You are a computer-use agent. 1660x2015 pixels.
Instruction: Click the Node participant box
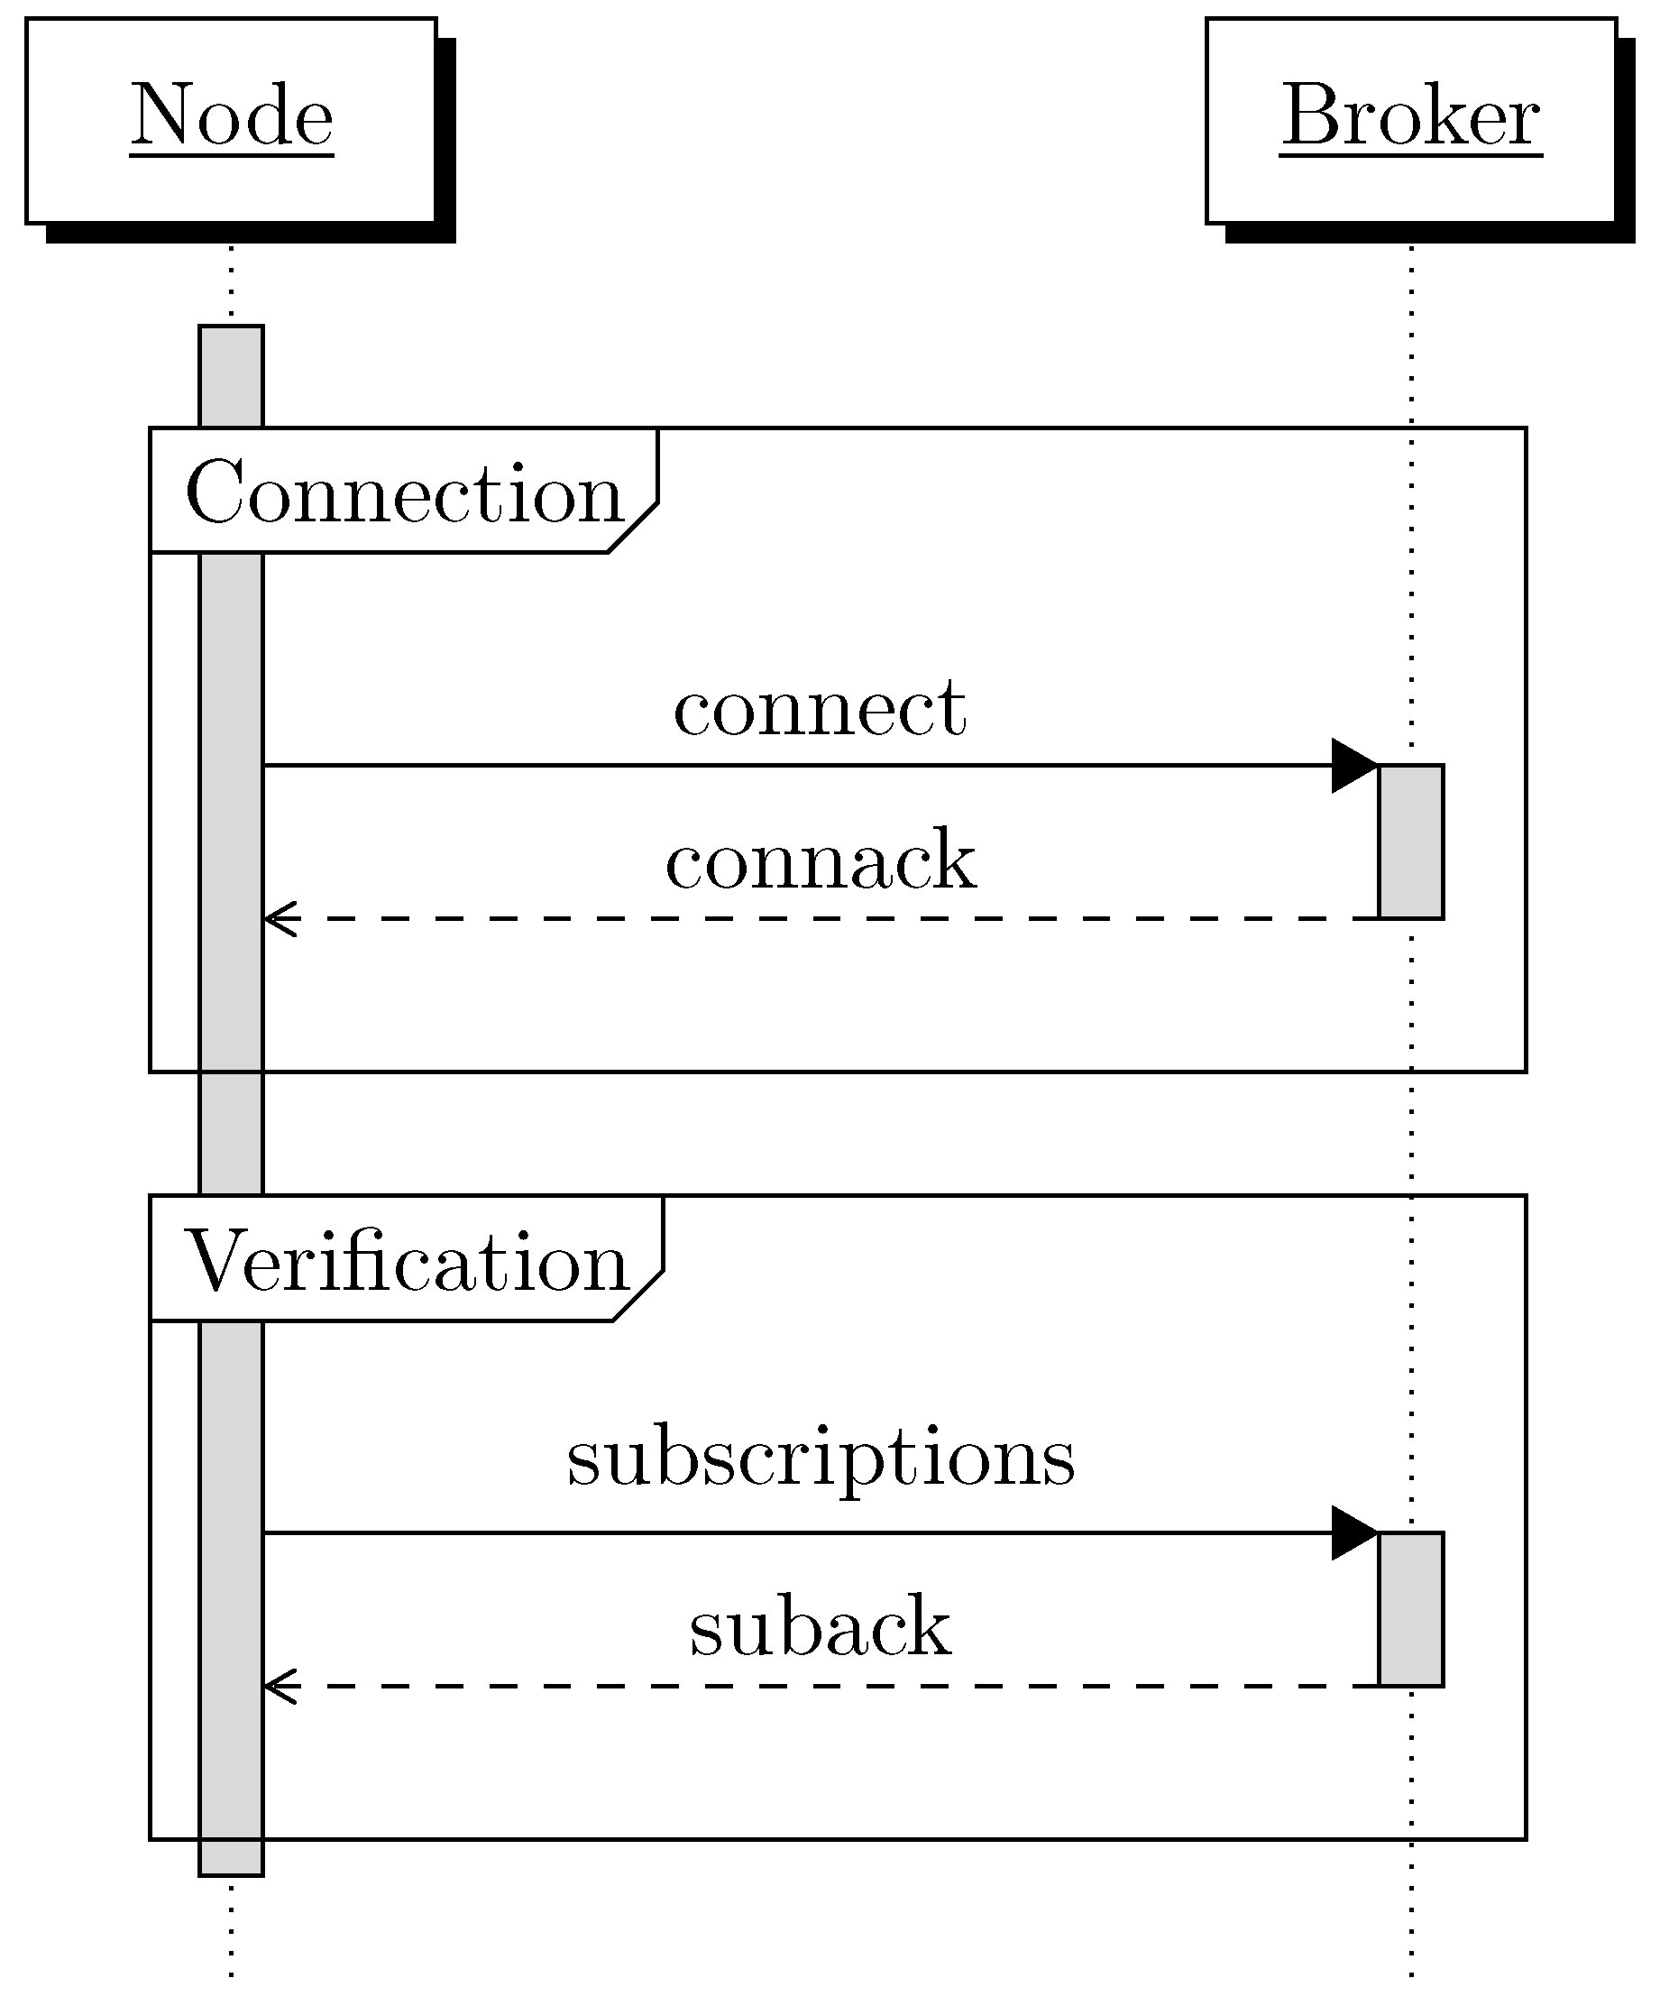pos(231,121)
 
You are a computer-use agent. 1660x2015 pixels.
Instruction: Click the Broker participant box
pos(1410,121)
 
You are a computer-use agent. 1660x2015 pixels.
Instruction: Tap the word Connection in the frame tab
pos(404,492)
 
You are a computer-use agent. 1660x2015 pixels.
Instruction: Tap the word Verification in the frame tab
pos(406,1263)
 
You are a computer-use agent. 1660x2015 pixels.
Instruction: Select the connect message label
pos(820,710)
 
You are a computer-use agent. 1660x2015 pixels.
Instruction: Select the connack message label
pos(821,861)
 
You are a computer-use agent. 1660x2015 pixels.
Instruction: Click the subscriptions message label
pos(821,1461)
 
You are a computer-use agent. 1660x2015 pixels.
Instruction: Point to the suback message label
pos(821,1629)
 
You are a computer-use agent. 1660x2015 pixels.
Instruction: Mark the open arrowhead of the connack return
pos(280,919)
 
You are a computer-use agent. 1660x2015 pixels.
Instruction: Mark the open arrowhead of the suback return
pos(280,1687)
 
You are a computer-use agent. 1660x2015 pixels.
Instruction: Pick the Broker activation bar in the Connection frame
pos(1410,842)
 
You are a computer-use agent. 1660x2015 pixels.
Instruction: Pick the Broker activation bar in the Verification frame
pos(1410,1609)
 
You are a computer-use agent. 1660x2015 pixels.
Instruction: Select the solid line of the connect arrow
pos(765,765)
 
